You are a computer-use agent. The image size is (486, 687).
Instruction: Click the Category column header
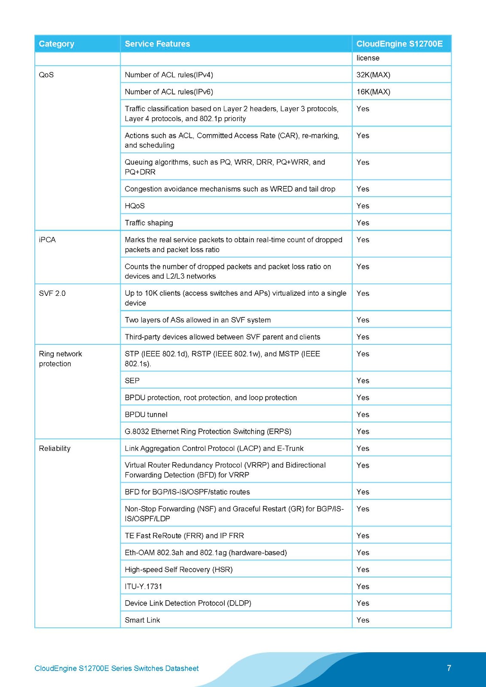click(x=56, y=44)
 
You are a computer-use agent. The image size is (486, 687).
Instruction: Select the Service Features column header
click(x=157, y=44)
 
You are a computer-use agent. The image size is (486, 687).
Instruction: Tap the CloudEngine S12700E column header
click(x=399, y=44)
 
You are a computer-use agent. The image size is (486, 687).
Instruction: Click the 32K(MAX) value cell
click(x=373, y=75)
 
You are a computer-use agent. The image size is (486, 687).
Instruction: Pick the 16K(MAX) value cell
click(x=373, y=92)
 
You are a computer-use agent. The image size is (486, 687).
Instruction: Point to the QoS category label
click(x=46, y=75)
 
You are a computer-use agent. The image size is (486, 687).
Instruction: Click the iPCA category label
click(x=47, y=240)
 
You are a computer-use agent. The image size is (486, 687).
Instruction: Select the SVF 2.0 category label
click(x=52, y=293)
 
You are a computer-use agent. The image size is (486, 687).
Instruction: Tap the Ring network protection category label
click(x=60, y=359)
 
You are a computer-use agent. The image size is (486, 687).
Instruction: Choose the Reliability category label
click(x=55, y=448)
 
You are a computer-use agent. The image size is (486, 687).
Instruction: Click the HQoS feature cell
click(x=134, y=206)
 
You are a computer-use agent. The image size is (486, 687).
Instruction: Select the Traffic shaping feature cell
click(x=149, y=223)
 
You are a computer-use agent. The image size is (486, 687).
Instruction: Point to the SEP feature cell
click(x=132, y=380)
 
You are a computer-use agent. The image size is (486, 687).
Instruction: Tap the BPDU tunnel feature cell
click(x=146, y=414)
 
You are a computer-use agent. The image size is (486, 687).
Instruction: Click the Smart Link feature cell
click(x=142, y=620)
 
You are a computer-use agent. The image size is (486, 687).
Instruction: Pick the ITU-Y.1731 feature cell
click(x=144, y=586)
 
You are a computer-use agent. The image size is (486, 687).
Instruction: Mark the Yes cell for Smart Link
click(x=363, y=620)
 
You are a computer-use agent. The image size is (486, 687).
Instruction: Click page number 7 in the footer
click(x=449, y=668)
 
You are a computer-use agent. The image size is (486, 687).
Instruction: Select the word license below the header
click(x=368, y=58)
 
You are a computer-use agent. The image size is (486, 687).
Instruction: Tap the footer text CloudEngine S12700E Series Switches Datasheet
click(x=116, y=668)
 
